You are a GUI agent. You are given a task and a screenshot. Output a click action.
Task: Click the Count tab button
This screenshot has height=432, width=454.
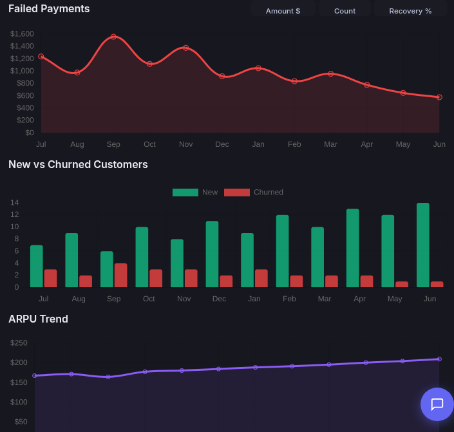click(345, 10)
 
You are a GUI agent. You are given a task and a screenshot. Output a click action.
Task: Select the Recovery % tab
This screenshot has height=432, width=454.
click(410, 10)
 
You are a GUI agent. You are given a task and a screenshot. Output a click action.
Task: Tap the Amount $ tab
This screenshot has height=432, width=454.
click(283, 10)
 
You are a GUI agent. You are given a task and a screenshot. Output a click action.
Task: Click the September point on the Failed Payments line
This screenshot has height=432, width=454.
click(113, 37)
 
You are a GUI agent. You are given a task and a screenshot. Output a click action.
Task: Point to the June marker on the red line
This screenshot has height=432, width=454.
click(439, 97)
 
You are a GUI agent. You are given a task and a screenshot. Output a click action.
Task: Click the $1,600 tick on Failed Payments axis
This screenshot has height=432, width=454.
click(22, 34)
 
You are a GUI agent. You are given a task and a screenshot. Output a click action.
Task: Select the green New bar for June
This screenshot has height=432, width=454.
click(423, 245)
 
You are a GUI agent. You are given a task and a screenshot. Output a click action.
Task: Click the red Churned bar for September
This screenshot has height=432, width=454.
click(120, 276)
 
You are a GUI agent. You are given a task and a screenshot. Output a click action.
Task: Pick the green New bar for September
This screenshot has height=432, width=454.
click(107, 269)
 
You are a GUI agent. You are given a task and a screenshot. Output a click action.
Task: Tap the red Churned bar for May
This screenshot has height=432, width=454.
click(402, 285)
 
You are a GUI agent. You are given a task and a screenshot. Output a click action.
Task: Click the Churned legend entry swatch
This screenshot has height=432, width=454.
click(237, 193)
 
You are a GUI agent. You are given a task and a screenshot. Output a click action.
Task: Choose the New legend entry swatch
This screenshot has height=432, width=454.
click(185, 193)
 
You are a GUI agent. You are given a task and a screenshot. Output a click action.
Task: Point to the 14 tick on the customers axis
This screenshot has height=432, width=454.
click(14, 202)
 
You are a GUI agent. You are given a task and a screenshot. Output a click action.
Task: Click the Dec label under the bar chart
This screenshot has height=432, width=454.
click(219, 299)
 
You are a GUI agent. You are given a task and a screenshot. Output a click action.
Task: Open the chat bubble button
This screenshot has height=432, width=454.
click(437, 404)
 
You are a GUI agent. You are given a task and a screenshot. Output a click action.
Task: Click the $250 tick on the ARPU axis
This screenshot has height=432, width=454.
click(19, 343)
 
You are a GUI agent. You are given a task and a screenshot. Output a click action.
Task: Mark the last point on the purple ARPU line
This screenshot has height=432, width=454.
click(439, 359)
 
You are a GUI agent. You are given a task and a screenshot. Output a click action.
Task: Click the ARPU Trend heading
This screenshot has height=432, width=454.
click(38, 319)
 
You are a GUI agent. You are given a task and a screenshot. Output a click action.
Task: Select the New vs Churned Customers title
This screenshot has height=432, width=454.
click(78, 164)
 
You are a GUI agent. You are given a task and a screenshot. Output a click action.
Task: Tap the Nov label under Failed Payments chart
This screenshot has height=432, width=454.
click(186, 144)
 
